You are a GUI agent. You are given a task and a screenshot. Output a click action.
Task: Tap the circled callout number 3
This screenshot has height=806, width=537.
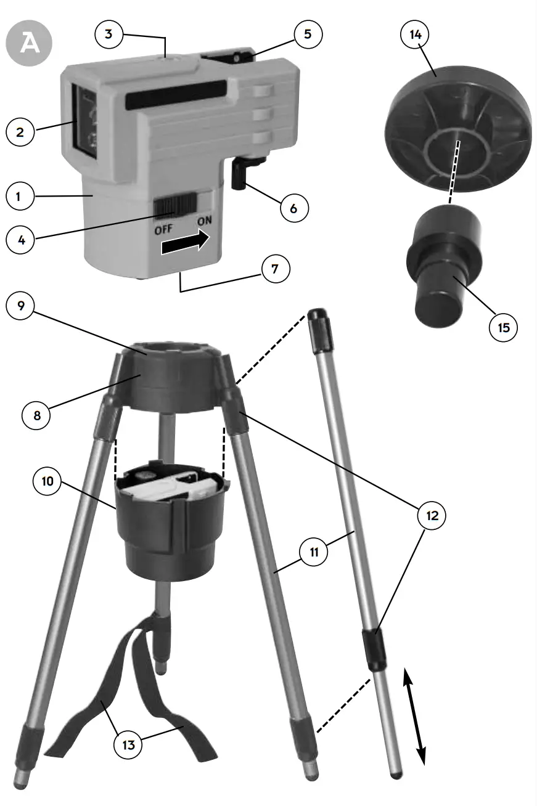(109, 34)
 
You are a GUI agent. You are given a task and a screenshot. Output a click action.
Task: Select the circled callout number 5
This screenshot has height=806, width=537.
(308, 34)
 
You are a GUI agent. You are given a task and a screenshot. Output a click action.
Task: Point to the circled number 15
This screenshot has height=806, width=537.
(504, 327)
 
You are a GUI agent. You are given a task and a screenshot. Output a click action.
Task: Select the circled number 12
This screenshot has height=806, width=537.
(432, 515)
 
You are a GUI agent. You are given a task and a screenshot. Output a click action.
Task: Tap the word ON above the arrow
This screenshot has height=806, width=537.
(205, 221)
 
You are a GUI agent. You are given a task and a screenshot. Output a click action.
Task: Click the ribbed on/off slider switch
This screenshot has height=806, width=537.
(174, 206)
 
